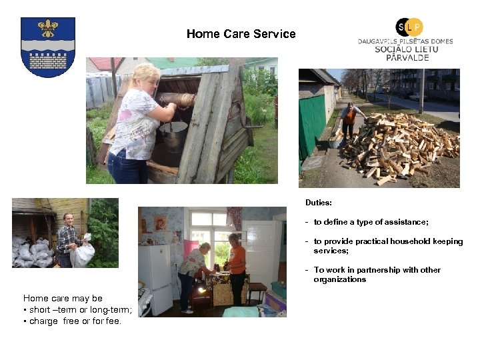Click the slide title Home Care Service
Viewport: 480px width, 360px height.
point(241,34)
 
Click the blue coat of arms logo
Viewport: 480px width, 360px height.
point(47,47)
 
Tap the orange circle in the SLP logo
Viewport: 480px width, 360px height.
point(415,27)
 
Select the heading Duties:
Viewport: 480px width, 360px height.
point(319,201)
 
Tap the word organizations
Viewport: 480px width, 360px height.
point(339,279)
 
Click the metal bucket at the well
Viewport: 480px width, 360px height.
point(173,136)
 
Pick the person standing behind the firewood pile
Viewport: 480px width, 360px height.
point(349,119)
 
